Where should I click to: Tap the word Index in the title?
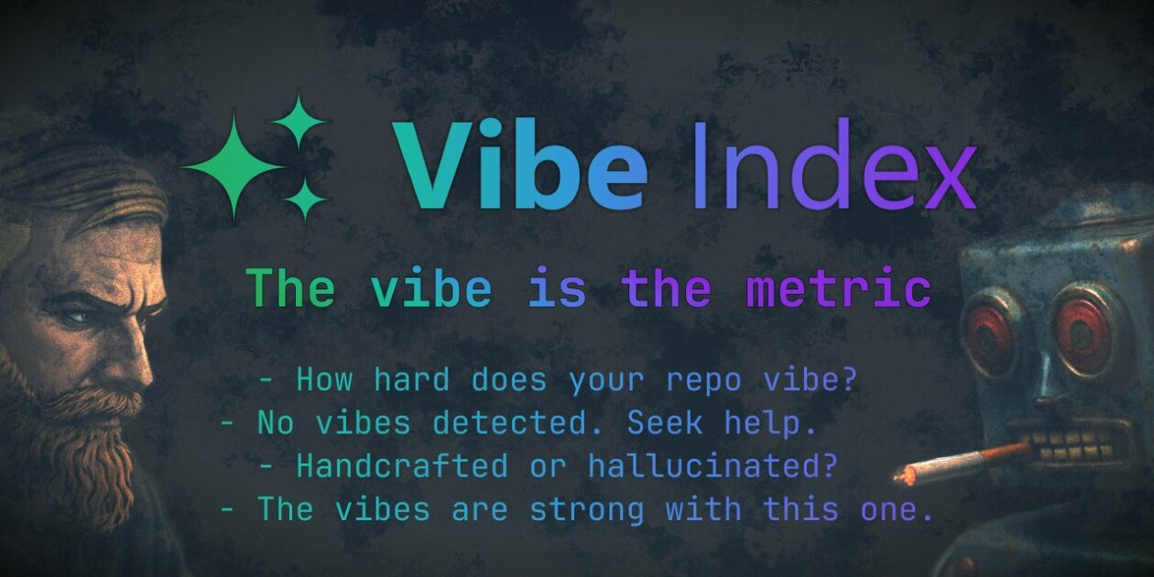[834, 164]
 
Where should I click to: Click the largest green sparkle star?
[234, 168]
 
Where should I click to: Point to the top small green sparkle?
[299, 122]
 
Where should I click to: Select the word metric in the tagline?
[839, 288]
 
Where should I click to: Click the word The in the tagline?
[291, 288]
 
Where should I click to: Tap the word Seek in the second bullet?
[665, 423]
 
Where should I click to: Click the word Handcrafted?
[402, 465]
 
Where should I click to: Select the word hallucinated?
[713, 465]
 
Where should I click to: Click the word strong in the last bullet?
[587, 510]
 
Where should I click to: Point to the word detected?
[510, 423]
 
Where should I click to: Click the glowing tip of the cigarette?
[903, 474]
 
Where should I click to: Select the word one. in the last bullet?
[897, 510]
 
